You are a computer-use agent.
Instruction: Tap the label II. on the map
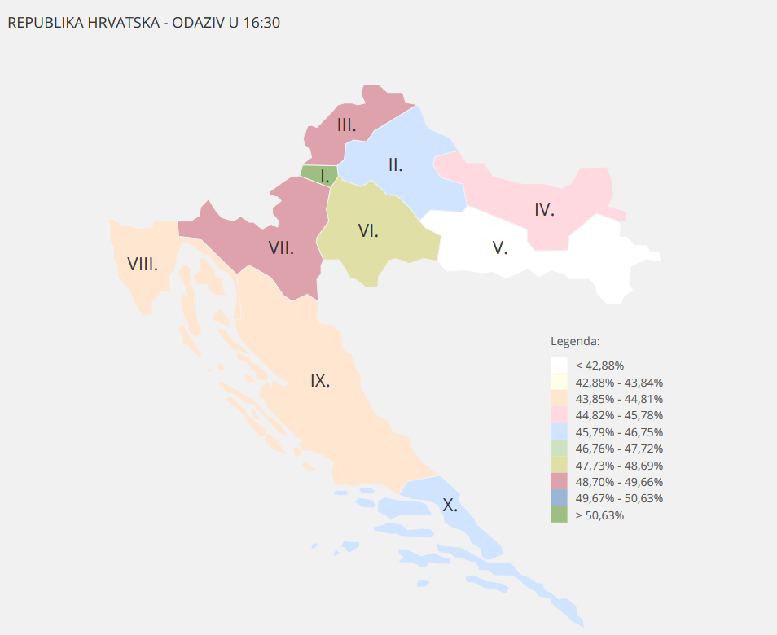395,165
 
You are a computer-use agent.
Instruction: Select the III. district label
347,125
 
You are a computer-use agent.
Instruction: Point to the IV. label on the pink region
544,209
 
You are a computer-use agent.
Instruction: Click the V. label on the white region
500,247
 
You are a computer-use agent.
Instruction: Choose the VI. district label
368,230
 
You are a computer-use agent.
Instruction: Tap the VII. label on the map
281,247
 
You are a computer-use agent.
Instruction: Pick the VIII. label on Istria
143,264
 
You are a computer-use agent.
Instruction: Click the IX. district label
320,380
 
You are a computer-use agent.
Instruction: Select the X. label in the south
450,505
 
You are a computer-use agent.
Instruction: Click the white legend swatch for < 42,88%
559,366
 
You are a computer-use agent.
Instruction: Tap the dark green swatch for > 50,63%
559,515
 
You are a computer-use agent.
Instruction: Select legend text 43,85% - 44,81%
619,399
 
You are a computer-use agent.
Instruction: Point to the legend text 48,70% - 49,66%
619,482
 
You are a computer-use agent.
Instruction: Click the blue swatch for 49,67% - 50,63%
559,498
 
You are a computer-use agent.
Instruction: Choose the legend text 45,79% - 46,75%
619,432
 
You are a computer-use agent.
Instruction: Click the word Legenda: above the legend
575,340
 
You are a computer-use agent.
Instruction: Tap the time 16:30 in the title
261,23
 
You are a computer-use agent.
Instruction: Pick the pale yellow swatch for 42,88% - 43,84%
559,382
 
